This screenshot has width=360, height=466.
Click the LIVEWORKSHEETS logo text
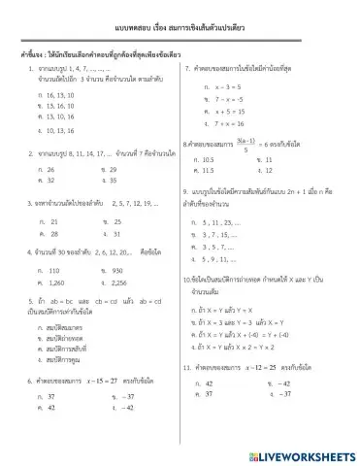pyautogui.click(x=301, y=453)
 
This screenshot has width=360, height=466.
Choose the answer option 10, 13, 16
pyautogui.click(x=51, y=129)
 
